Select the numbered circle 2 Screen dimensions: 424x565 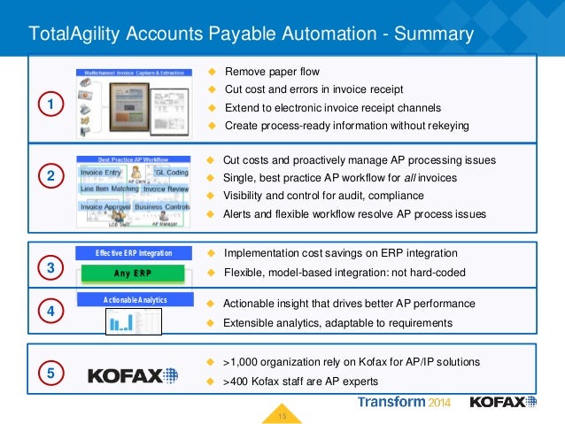50,177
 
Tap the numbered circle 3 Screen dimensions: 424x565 50,266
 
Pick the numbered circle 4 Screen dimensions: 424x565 50,312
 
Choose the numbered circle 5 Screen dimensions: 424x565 50,374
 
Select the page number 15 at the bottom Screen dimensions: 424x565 283,415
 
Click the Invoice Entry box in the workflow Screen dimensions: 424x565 101,172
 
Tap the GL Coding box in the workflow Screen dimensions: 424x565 171,172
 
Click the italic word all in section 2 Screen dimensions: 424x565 395,178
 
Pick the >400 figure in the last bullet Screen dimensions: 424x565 238,382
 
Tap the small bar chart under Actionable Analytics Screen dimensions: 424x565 120,322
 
